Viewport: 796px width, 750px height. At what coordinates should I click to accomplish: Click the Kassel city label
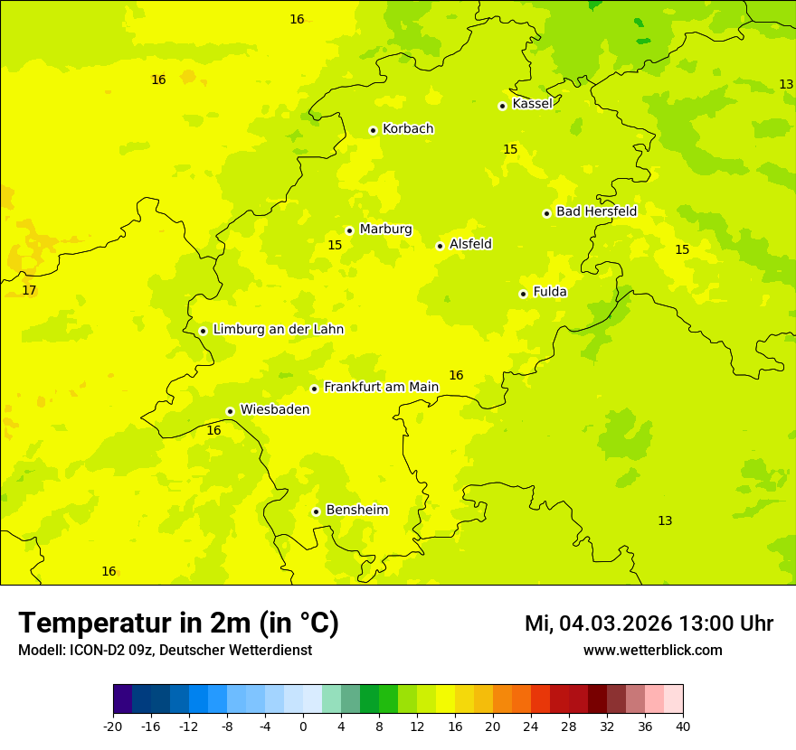click(532, 104)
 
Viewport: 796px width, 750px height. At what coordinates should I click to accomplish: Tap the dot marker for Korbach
click(373, 130)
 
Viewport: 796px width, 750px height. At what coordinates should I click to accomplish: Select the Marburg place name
click(385, 230)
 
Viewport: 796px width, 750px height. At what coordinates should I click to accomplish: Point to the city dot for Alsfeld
click(440, 246)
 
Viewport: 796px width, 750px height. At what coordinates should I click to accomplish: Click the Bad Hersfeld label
click(596, 211)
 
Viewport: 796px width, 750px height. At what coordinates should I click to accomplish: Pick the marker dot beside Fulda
click(523, 294)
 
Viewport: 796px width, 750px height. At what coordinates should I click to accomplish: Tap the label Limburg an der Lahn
click(278, 330)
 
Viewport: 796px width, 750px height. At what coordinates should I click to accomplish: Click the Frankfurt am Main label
click(381, 388)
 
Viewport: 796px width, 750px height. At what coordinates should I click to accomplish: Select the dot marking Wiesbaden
click(231, 411)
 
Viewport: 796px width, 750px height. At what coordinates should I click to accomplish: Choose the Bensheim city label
click(356, 511)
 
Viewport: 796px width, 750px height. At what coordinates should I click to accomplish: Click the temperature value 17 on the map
click(29, 290)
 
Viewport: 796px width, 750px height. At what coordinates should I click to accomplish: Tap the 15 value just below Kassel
click(510, 149)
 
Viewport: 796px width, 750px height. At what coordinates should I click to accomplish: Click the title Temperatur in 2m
click(178, 623)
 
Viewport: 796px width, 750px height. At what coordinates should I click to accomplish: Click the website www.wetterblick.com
click(652, 651)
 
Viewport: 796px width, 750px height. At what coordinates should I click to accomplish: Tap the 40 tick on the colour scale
click(682, 726)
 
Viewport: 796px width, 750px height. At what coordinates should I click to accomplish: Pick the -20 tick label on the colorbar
click(113, 726)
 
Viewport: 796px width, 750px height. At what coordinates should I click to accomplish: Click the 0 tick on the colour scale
click(303, 726)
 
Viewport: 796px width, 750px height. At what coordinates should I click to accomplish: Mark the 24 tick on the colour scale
click(531, 726)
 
